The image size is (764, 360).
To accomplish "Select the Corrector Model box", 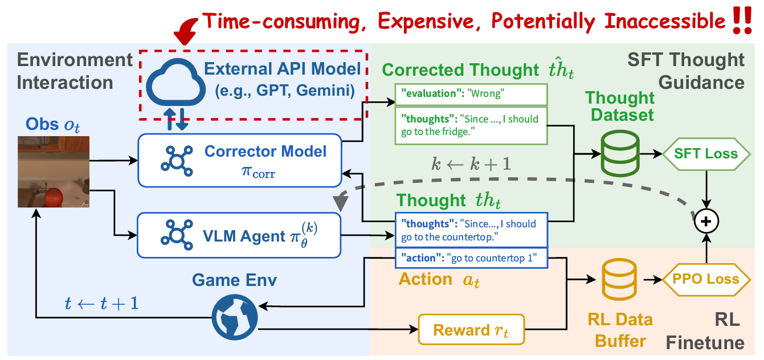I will coord(239,161).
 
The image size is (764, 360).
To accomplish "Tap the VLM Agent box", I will coord(239,235).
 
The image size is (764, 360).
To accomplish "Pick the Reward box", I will coord(471,329).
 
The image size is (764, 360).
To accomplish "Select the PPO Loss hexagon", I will coord(706,279).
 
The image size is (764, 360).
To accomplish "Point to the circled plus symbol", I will coord(706,222).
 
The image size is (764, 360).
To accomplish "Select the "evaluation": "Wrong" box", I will coord(470,94).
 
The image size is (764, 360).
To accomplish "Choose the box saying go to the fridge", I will coord(470,125).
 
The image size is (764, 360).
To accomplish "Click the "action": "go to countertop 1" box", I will coord(471,258).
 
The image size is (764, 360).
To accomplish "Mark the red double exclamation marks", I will coord(742,22).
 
